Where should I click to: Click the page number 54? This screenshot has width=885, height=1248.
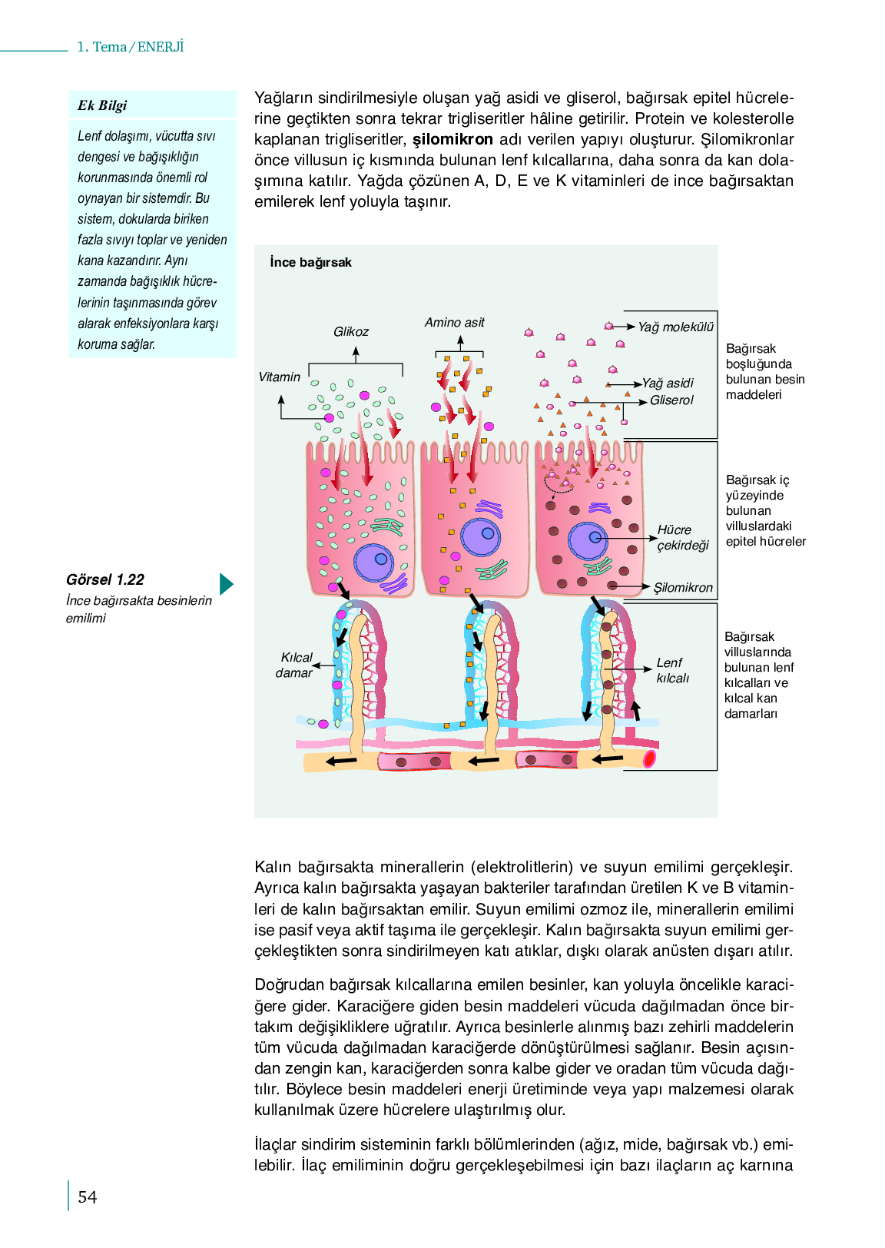tap(88, 1197)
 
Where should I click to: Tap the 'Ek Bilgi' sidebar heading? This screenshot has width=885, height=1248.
tap(102, 105)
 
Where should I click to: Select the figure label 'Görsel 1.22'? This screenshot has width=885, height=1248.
tap(104, 579)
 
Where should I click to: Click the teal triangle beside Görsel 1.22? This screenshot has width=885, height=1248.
tap(226, 584)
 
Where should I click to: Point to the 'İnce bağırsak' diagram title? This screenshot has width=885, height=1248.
tap(310, 262)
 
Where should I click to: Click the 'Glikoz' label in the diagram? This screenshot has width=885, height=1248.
tap(351, 331)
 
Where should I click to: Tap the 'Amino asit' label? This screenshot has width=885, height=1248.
tap(454, 322)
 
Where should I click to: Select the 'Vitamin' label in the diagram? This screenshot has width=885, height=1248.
tap(279, 377)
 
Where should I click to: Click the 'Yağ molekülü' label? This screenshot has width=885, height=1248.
tap(675, 327)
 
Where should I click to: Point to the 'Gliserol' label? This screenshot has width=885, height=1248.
tap(671, 400)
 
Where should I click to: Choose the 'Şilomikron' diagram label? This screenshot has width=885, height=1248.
tap(683, 587)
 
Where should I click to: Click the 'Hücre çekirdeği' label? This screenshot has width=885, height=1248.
tap(683, 537)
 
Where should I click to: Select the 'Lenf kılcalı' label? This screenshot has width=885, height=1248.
tap(672, 670)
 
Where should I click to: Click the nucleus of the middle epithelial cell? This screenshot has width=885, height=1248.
tap(480, 536)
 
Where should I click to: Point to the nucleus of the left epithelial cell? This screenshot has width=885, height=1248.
tap(373, 563)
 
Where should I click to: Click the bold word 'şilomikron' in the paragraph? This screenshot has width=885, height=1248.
tap(452, 139)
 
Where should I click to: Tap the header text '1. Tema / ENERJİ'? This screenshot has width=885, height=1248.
tap(131, 47)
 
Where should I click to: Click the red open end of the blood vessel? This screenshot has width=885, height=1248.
tap(649, 758)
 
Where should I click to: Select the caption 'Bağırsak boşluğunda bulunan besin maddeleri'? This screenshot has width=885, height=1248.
tap(764, 372)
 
